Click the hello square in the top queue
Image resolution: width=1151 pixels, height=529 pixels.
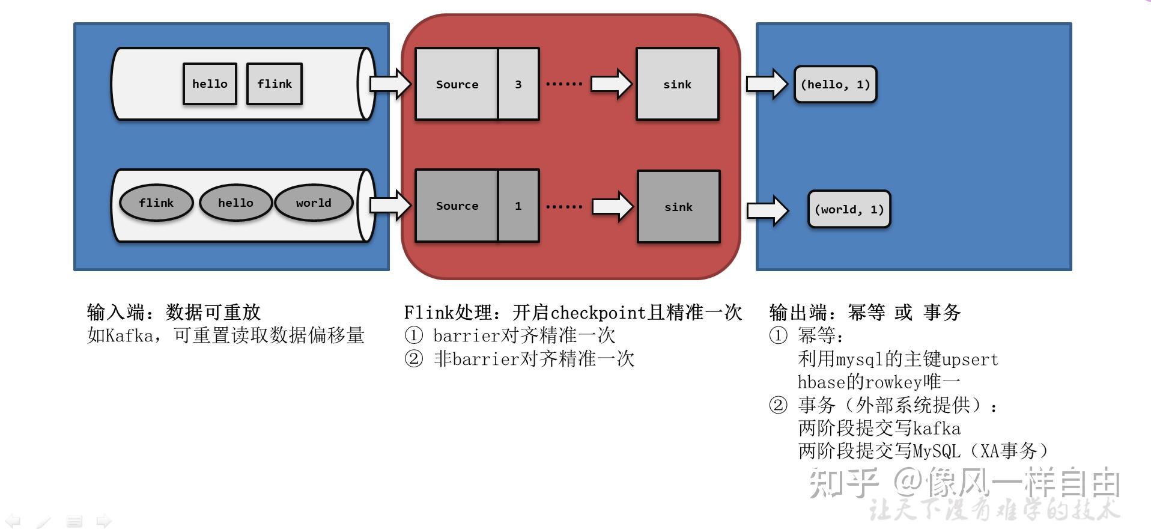point(210,84)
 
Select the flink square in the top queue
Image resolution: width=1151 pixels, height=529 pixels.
point(275,84)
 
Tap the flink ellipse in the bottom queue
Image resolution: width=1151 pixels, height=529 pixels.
point(156,203)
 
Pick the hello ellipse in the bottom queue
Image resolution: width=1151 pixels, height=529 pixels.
point(235,203)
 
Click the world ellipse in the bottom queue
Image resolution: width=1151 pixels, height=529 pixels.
point(313,203)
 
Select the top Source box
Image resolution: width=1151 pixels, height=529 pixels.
point(457,84)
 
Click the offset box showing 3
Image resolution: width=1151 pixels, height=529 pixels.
point(518,84)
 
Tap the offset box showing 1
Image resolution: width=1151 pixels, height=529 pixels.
point(518,206)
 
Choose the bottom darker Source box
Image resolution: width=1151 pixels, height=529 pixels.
point(457,206)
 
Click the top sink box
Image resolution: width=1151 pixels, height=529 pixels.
point(677,84)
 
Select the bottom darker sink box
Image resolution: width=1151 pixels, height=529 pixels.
point(678,207)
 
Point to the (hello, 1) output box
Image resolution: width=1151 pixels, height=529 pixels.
point(835,85)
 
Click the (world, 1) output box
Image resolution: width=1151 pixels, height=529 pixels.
point(849,210)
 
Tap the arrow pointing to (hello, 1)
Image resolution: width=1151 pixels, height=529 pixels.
point(766,84)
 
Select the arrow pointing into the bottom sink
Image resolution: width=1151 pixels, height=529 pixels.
point(612,207)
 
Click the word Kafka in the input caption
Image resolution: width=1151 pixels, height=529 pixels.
point(129,335)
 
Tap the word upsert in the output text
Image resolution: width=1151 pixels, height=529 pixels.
point(970,359)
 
